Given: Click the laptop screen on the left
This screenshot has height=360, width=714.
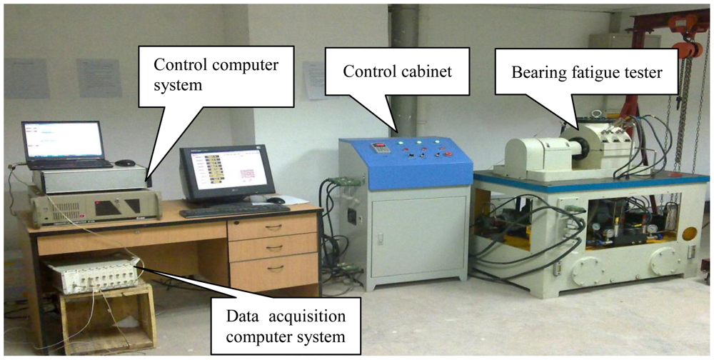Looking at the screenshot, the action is coord(64,140).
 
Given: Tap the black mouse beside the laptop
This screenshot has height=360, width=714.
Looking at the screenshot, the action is coord(125,163).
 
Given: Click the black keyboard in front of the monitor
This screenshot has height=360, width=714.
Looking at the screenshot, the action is coord(234,210).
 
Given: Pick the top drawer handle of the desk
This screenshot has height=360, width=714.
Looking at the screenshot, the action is coord(274,226).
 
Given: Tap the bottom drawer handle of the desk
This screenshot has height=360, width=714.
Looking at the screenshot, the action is coord(275,268).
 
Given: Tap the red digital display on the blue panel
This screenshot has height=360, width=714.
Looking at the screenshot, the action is coord(377,148).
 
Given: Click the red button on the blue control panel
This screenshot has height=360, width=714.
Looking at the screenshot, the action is coord(448,151).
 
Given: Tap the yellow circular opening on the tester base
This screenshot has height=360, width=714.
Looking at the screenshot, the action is coord(689,234).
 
